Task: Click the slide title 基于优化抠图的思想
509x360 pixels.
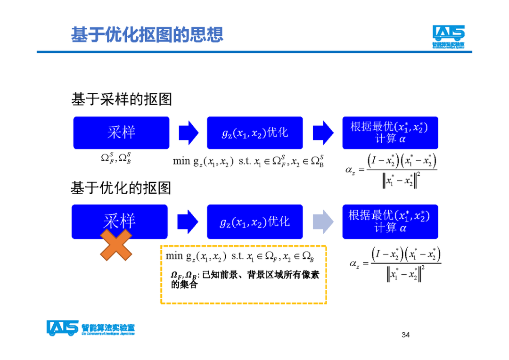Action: pos(147,35)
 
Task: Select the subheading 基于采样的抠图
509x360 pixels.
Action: pos(121,99)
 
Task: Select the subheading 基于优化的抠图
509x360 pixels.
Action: pos(121,188)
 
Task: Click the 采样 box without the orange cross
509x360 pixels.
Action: pos(121,132)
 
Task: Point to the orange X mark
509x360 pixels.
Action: pos(116,245)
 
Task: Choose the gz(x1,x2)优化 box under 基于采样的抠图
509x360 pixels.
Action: pos(254,133)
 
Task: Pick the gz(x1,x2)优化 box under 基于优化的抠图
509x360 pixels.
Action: pos(254,221)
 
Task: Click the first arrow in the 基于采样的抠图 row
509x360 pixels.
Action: pos(189,132)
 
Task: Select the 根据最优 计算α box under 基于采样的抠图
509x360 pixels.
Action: pos(390,132)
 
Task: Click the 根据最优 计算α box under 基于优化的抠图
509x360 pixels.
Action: pos(390,221)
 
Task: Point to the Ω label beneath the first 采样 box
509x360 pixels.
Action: pos(116,158)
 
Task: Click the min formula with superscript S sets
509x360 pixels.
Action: pos(248,162)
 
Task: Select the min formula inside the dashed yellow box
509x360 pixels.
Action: pos(240,256)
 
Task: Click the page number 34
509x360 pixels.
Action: pos(405,335)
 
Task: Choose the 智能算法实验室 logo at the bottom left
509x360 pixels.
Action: pos(90,328)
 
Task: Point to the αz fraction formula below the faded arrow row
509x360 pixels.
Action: pos(396,265)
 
